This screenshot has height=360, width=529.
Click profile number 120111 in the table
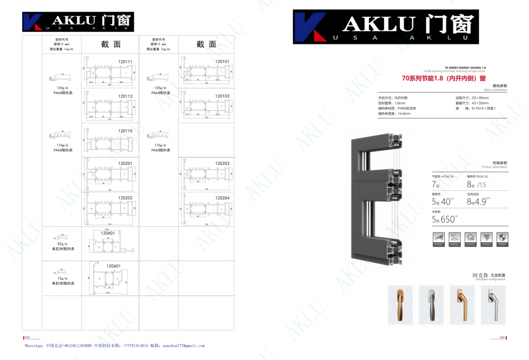coord(125,61)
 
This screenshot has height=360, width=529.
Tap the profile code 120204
coord(222,198)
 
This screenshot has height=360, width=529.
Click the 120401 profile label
coord(107,232)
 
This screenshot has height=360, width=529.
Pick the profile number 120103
coord(222,96)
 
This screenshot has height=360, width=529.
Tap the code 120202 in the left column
coord(125,198)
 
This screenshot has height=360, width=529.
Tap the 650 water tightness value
coord(448,219)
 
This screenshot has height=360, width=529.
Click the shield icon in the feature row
coord(503,238)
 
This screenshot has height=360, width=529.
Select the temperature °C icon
coord(453,238)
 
